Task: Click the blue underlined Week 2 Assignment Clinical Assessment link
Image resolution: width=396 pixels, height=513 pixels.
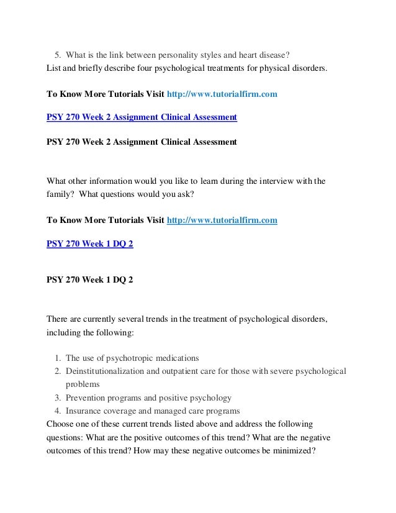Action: [142, 116]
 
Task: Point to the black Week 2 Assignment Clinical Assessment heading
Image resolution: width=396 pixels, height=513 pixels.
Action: [142, 142]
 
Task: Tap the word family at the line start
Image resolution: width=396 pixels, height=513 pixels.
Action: [59, 194]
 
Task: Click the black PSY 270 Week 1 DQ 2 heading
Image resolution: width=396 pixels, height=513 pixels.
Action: [90, 280]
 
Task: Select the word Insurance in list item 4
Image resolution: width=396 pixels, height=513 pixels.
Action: [84, 411]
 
